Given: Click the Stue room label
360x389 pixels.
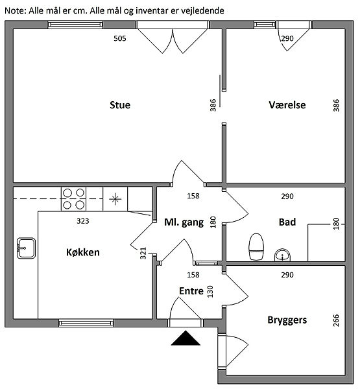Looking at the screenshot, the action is [x=120, y=105].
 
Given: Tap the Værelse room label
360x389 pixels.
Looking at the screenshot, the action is [x=287, y=105].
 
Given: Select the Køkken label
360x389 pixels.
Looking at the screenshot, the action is [x=83, y=252].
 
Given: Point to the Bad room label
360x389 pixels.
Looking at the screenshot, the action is [x=287, y=222].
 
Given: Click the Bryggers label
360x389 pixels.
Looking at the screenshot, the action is [x=287, y=320].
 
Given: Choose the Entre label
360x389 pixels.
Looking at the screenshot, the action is [x=191, y=290].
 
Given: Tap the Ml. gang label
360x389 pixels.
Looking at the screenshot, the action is [x=184, y=222].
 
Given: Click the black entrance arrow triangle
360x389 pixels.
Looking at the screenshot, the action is [x=186, y=338].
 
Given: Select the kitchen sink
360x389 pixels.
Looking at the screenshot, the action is [x=26, y=248].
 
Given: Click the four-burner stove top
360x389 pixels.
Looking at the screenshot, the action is [x=73, y=199].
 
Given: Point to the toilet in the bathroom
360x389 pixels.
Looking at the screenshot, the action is [x=256, y=247].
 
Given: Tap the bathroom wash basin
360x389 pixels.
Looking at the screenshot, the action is [x=283, y=255].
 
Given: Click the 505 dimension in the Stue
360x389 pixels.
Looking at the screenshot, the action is [x=120, y=38].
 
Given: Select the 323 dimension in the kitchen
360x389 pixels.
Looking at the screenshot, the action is [x=83, y=221].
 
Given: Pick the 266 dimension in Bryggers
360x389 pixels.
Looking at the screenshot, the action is [x=336, y=320].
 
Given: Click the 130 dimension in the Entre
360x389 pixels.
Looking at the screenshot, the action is [x=210, y=292].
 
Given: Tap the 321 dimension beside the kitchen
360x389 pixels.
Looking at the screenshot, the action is [x=143, y=253].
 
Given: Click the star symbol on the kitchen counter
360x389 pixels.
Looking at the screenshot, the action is [x=115, y=199].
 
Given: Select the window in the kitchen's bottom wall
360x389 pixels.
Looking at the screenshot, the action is [x=86, y=323].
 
